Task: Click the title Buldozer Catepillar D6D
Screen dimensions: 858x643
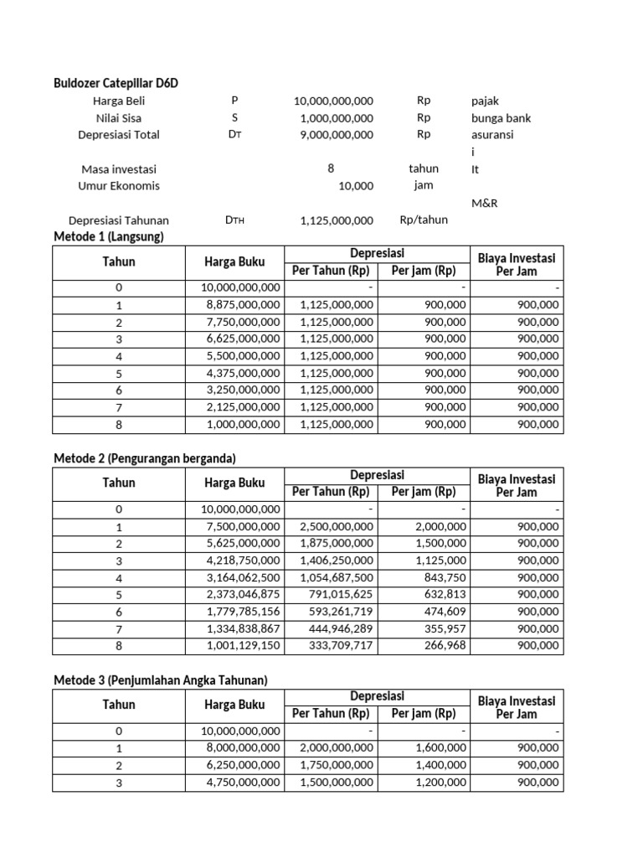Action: pyautogui.click(x=116, y=83)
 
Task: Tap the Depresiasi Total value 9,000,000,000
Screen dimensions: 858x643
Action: pyautogui.click(x=333, y=135)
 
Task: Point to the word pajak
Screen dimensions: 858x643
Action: pyautogui.click(x=486, y=101)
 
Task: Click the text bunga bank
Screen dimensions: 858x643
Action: pyautogui.click(x=501, y=118)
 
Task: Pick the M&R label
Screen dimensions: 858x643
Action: pyautogui.click(x=486, y=203)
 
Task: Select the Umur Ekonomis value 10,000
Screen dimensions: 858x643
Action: pyautogui.click(x=356, y=186)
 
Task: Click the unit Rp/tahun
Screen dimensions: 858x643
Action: pyautogui.click(x=424, y=220)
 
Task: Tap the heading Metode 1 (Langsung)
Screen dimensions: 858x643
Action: pyautogui.click(x=109, y=237)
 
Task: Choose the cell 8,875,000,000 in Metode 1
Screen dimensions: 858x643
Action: pyautogui.click(x=240, y=305)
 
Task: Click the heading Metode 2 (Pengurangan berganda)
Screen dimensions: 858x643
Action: pyautogui.click(x=145, y=458)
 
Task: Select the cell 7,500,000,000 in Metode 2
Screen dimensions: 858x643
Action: pyautogui.click(x=240, y=526)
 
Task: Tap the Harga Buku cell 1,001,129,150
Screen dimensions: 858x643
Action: pyautogui.click(x=240, y=646)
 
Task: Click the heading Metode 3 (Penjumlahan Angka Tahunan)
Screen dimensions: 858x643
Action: pyautogui.click(x=160, y=680)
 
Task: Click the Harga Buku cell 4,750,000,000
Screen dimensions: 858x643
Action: pyautogui.click(x=240, y=783)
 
